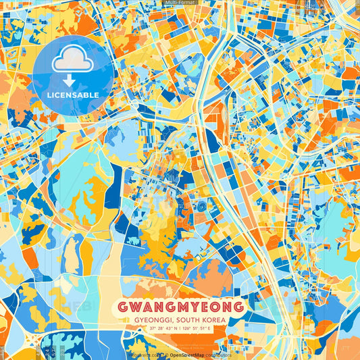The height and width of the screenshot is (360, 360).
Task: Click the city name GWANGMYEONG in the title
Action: [180, 307]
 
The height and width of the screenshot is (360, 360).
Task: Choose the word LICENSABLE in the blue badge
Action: [73, 95]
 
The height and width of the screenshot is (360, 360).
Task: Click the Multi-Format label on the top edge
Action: [180, 3]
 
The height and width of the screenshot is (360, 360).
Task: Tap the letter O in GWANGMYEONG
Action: [211, 307]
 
